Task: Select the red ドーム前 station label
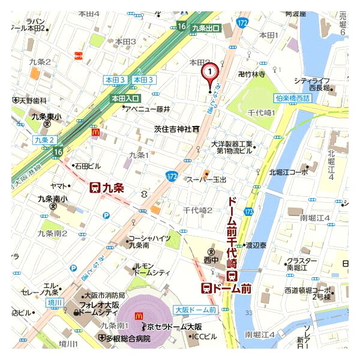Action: tap(226, 289)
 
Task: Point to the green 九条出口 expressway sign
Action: tap(206, 28)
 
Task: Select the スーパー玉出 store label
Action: tap(207, 179)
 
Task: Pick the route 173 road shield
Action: tap(249, 211)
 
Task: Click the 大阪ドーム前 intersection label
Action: tap(195, 310)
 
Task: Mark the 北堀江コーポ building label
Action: tap(289, 172)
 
